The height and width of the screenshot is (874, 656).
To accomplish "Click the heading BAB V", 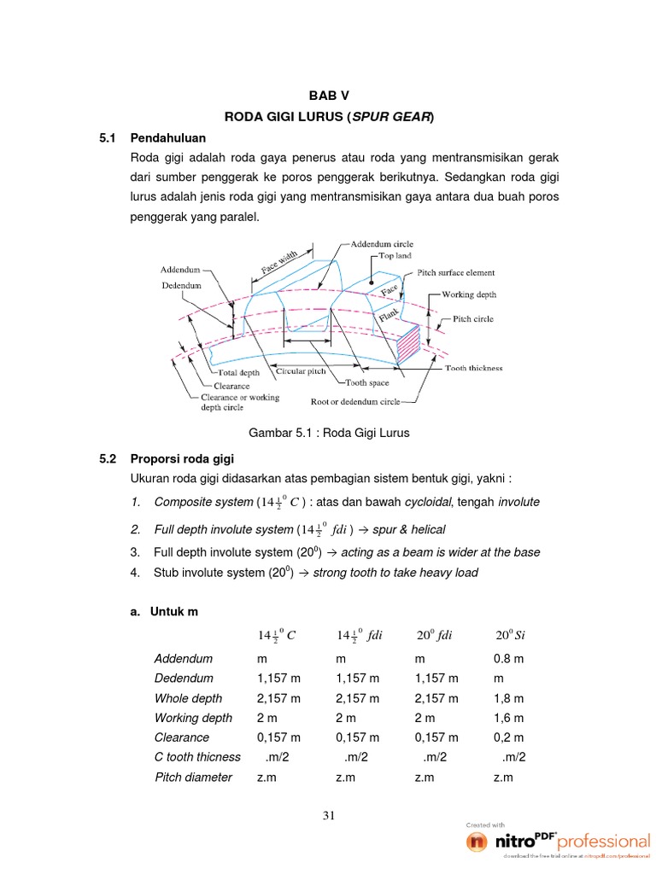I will (328, 95).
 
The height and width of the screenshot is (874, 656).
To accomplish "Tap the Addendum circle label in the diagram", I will (384, 243).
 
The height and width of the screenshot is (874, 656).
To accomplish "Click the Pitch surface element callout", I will (456, 273).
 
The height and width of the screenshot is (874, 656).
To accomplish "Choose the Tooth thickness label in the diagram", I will (474, 369).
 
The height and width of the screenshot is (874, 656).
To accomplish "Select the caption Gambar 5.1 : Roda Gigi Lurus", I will (328, 433).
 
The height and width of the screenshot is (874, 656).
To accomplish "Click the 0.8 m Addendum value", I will (508, 659).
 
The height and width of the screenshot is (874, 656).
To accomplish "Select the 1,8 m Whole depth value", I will (508, 698).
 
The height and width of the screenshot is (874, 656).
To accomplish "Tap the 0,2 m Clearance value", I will (508, 737).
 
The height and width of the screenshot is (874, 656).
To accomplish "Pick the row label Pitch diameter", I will (193, 777).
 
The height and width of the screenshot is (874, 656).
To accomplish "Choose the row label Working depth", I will (193, 718).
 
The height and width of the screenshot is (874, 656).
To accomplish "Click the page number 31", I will (328, 816).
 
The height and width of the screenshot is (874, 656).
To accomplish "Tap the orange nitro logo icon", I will (477, 842).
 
